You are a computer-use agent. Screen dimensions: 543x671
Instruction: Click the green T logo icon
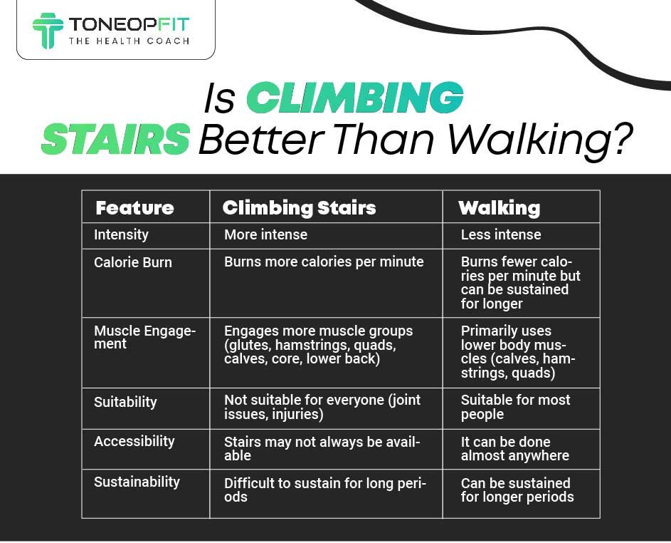[48, 30]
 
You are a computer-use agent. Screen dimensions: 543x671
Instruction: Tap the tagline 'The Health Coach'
[129, 41]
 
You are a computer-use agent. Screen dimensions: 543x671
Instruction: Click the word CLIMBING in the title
[354, 98]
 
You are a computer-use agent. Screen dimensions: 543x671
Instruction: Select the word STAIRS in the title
[115, 140]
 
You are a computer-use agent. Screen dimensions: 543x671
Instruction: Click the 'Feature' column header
[134, 208]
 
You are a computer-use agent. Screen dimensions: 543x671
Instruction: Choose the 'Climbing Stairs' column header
[299, 208]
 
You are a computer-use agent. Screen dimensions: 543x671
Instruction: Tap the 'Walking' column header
[499, 208]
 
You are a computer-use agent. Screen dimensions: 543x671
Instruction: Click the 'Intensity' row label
[121, 234]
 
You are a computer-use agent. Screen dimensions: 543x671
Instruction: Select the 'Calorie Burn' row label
[133, 262]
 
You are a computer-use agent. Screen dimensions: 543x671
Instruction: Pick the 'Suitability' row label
[125, 402]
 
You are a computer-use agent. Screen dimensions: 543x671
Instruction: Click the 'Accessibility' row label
[134, 441]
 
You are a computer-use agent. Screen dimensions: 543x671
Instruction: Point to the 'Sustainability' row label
[137, 482]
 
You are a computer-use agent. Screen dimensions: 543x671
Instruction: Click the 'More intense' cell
[265, 234]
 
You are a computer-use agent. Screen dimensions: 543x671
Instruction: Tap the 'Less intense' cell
[501, 234]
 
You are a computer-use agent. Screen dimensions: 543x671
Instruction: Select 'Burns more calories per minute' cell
[324, 262]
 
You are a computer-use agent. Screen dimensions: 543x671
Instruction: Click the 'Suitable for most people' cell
[515, 407]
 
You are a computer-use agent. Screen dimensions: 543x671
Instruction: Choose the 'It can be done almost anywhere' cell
[514, 448]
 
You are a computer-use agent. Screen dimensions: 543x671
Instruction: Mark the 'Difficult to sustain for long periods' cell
[324, 490]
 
